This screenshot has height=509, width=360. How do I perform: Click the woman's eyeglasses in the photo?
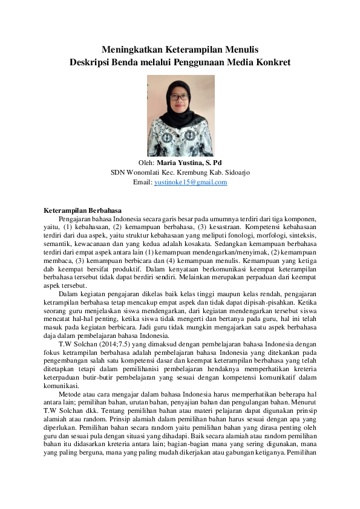coord(180,96)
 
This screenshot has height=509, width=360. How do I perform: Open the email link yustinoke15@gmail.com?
coord(191,182)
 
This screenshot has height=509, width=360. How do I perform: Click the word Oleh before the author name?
coord(146,163)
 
